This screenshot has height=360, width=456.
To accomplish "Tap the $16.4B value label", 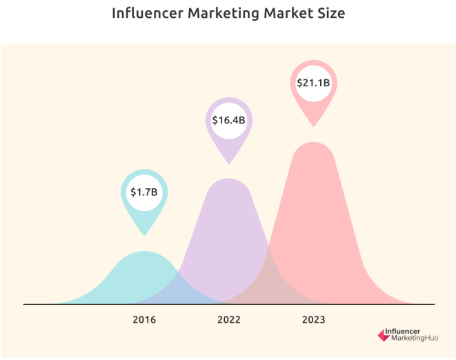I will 229,120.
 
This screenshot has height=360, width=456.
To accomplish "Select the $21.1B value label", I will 314,83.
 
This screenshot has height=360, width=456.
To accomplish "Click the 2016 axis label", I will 145,320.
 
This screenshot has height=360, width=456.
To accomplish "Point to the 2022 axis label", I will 229,320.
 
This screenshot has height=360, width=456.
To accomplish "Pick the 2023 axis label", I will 313,320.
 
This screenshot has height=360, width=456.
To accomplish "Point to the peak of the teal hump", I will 145,252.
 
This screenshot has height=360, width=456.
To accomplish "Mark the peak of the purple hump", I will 229,179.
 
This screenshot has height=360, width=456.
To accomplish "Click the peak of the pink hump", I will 314,143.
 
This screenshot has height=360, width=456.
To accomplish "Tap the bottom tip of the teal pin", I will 145,235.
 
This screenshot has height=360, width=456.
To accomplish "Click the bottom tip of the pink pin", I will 314,126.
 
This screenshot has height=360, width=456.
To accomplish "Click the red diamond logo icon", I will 384,337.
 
